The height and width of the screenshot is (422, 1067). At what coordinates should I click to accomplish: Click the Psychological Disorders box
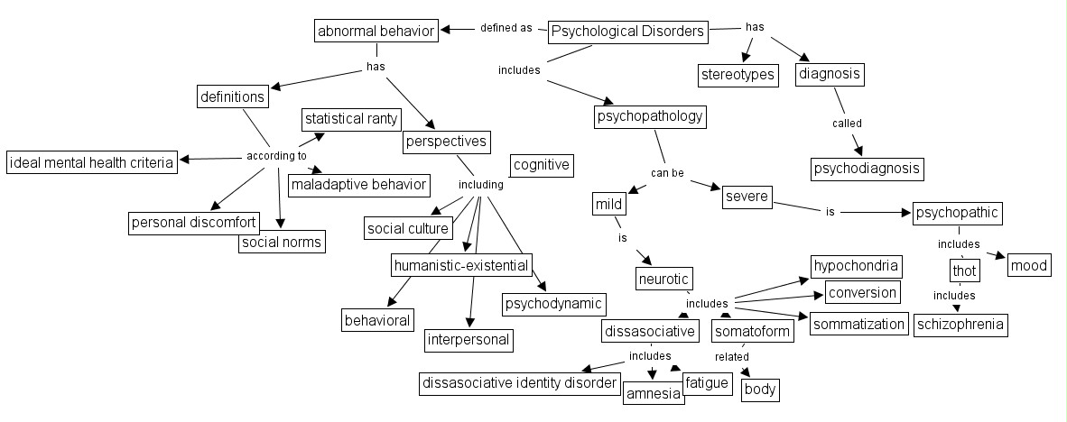pos(627,32)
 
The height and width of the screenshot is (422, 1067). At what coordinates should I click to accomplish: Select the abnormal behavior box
pos(376,32)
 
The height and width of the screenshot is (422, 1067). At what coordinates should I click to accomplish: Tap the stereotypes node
pos(738,75)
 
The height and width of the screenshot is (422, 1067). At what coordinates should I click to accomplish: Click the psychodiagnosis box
pos(868,168)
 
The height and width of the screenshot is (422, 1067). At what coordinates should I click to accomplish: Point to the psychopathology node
pos(650,116)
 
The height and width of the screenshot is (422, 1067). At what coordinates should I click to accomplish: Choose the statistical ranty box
pos(352,119)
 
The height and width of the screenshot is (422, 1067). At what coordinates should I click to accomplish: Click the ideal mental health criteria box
pos(91,163)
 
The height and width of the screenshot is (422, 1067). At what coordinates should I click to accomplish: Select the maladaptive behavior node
pos(358,185)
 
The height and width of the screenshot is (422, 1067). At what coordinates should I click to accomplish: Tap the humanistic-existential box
pos(460,265)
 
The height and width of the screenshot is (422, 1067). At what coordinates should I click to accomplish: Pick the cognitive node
pos(542,165)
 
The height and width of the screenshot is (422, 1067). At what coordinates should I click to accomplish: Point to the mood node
pos(1027,265)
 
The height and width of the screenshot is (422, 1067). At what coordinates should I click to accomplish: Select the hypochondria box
pos(856,265)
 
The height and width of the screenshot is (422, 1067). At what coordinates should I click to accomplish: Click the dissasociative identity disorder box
pos(521,384)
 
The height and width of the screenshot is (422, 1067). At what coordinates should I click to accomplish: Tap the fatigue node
pos(706,383)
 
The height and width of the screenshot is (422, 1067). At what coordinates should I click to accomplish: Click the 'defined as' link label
pos(506,28)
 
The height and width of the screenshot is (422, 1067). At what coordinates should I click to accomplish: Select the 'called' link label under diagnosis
pos(847,124)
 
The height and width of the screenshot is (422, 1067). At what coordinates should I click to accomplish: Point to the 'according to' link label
pos(276,156)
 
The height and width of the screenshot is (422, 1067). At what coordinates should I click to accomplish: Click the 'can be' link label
pos(668,172)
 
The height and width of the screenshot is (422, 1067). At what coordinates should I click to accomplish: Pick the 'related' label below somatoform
pos(732,357)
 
